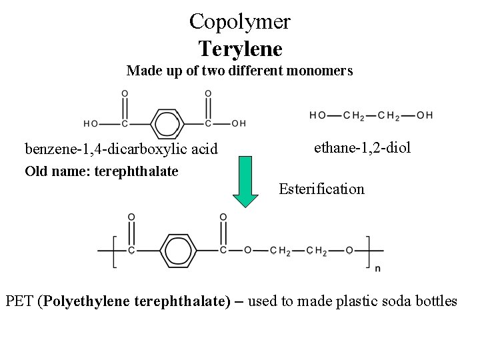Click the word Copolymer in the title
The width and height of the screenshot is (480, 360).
(x=239, y=21)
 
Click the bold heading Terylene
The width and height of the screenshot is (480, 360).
(x=240, y=48)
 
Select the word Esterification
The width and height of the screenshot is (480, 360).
(x=321, y=189)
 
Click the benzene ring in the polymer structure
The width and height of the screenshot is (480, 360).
(x=177, y=250)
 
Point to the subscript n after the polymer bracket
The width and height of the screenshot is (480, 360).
(x=378, y=269)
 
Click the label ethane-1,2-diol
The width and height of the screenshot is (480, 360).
(x=362, y=147)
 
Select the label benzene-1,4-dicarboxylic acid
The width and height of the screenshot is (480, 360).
(x=121, y=148)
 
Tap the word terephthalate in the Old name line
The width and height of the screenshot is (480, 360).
(x=137, y=171)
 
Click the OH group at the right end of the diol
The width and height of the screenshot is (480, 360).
(x=425, y=115)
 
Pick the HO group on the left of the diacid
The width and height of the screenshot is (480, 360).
(x=91, y=123)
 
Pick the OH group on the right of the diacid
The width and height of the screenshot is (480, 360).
(x=238, y=123)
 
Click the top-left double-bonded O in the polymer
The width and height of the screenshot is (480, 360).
(x=131, y=217)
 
